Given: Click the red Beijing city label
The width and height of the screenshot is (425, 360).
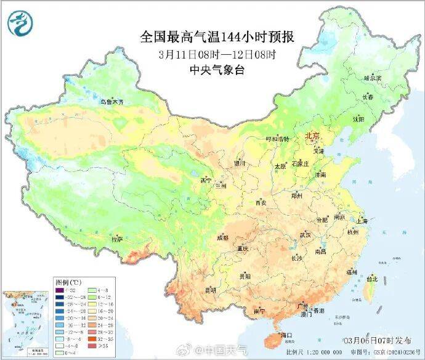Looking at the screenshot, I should click(x=312, y=136).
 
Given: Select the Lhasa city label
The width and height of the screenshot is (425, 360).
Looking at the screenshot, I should click(x=117, y=239).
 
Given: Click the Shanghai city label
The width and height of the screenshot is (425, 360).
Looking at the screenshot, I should click(x=362, y=221).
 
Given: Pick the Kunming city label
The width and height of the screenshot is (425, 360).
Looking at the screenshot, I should click(x=211, y=289).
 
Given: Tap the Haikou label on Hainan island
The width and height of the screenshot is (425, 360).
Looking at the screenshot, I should click(x=285, y=335).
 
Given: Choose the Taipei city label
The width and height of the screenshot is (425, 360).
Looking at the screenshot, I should click(x=371, y=279).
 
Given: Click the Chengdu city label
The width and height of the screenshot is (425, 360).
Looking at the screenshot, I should click(x=222, y=237).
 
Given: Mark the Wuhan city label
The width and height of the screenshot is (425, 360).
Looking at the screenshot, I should click(x=305, y=235).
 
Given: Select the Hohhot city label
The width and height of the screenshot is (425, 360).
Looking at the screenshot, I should click(x=277, y=139).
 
